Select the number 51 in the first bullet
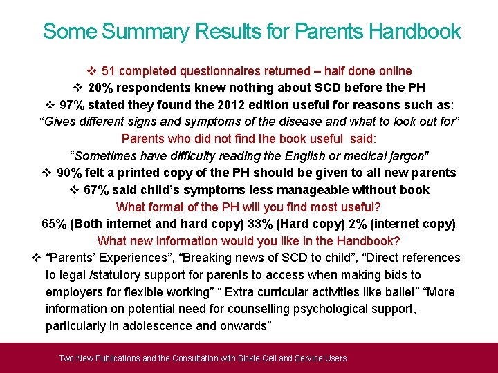tap(109, 71)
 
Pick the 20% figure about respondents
tap(102, 88)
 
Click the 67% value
tap(98, 189)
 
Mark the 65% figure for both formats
tap(55, 224)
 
